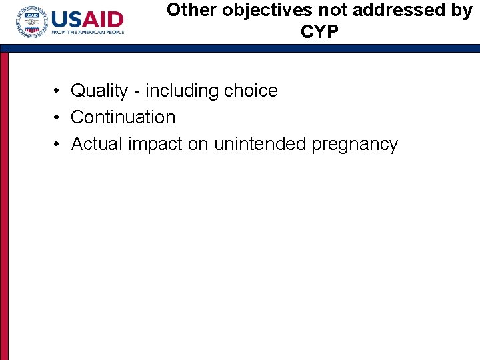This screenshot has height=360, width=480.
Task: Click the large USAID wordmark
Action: tap(87, 19)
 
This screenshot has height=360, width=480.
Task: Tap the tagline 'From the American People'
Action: tap(87, 33)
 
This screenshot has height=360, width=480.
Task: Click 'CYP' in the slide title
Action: tap(319, 32)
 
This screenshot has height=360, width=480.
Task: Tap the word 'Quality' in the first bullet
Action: tap(99, 91)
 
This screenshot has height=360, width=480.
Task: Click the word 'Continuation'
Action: tap(123, 117)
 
